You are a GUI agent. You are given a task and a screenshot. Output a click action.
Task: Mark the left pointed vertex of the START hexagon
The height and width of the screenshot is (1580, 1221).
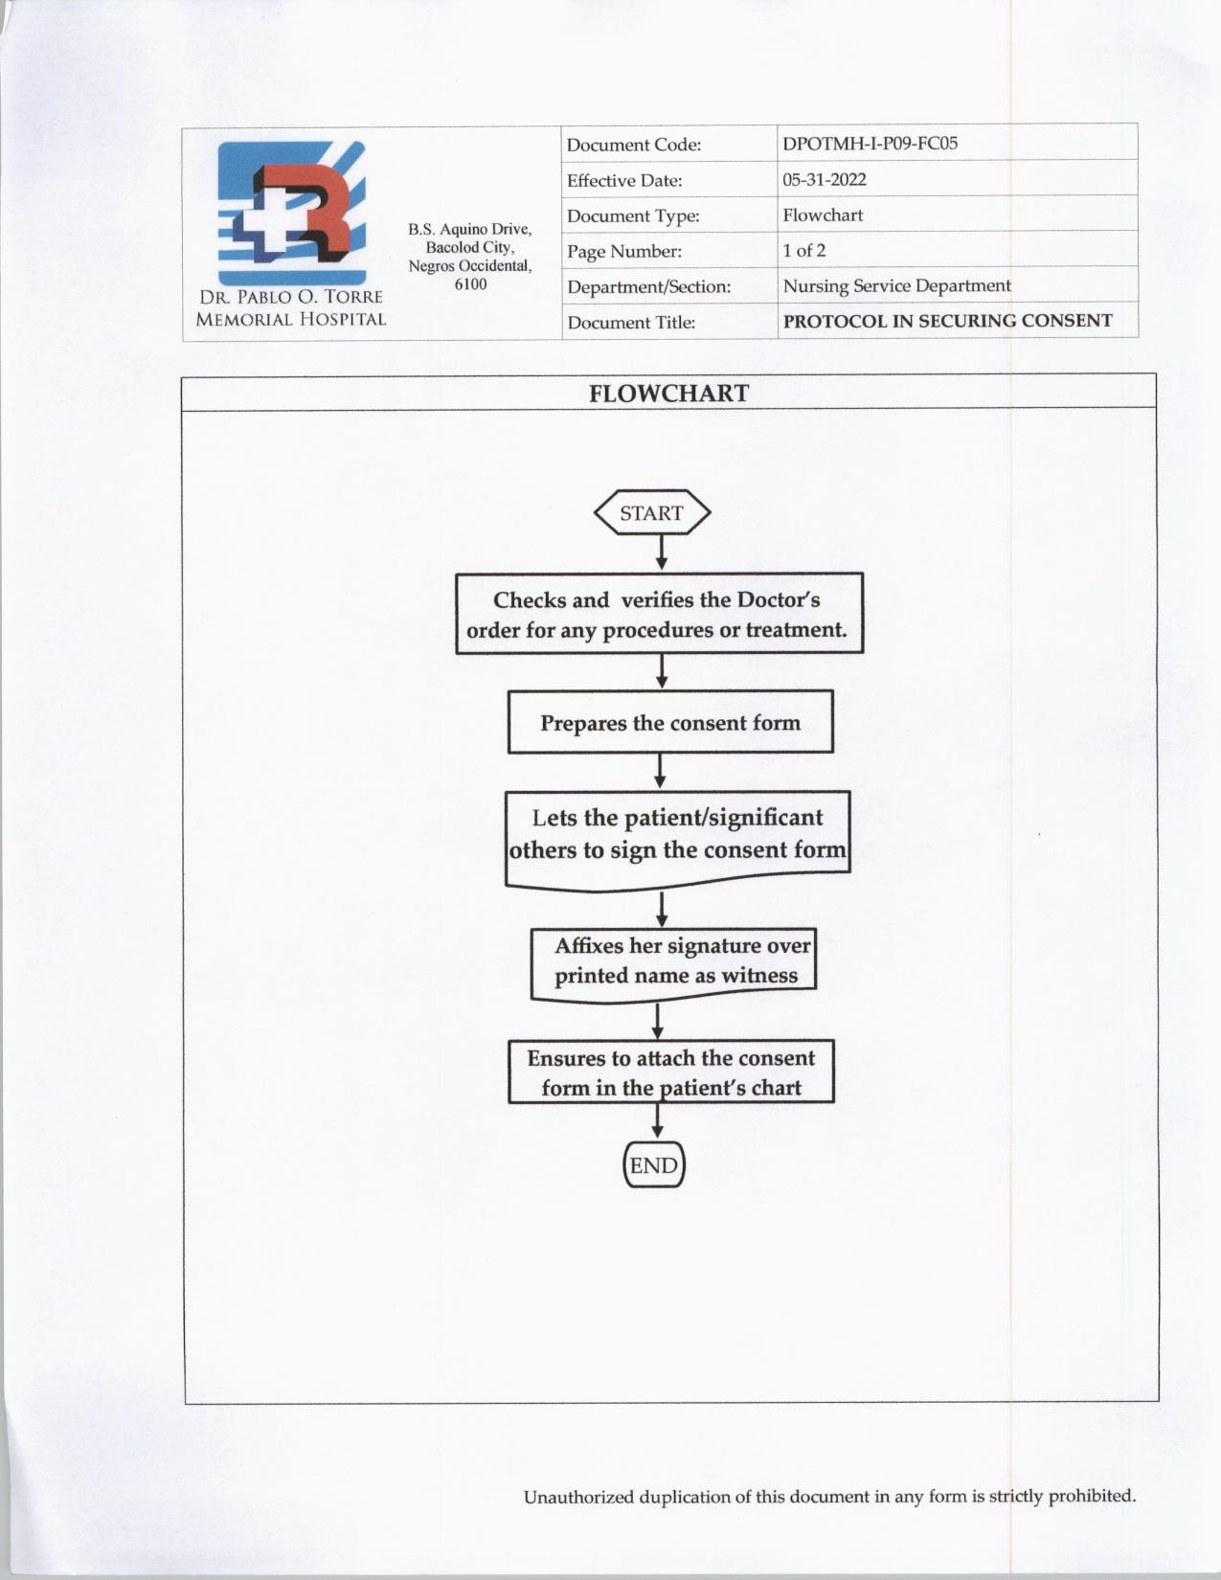coord(594,512)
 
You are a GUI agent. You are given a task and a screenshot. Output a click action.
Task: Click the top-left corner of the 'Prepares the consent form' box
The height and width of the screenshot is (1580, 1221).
coord(509,690)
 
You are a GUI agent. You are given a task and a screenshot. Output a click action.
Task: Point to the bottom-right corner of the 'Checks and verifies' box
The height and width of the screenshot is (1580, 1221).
coord(863,652)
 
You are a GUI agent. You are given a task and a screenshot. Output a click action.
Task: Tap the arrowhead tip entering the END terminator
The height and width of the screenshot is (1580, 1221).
coord(657,1138)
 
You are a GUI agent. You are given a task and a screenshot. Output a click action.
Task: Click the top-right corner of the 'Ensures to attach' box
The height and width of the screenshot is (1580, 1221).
coord(833,1041)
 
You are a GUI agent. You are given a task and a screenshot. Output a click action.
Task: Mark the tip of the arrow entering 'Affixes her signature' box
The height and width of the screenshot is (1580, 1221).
coord(662,927)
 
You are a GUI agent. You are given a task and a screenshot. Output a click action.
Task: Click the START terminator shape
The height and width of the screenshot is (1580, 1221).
coord(652,512)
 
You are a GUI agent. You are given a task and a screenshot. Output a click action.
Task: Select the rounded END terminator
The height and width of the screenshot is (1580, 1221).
coord(654,1164)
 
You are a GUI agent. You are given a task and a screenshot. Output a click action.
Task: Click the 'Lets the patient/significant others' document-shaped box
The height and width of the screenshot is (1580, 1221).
coord(678,840)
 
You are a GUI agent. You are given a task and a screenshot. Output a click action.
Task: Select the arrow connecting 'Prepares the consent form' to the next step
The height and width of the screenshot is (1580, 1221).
coord(660,770)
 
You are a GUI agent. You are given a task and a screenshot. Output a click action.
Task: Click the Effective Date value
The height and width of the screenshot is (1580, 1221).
coord(824,180)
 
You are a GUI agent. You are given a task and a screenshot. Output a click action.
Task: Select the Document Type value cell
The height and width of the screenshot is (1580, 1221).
coord(957,214)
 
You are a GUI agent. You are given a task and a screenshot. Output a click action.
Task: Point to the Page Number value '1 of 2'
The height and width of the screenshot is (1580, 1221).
coord(803,251)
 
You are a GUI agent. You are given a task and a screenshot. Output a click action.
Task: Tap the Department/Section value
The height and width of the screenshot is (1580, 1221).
coord(896,285)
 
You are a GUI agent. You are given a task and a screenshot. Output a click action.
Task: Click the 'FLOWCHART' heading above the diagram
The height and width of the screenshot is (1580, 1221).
coord(668,394)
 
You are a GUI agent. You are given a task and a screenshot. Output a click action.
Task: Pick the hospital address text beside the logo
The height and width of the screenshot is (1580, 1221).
coord(470,257)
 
